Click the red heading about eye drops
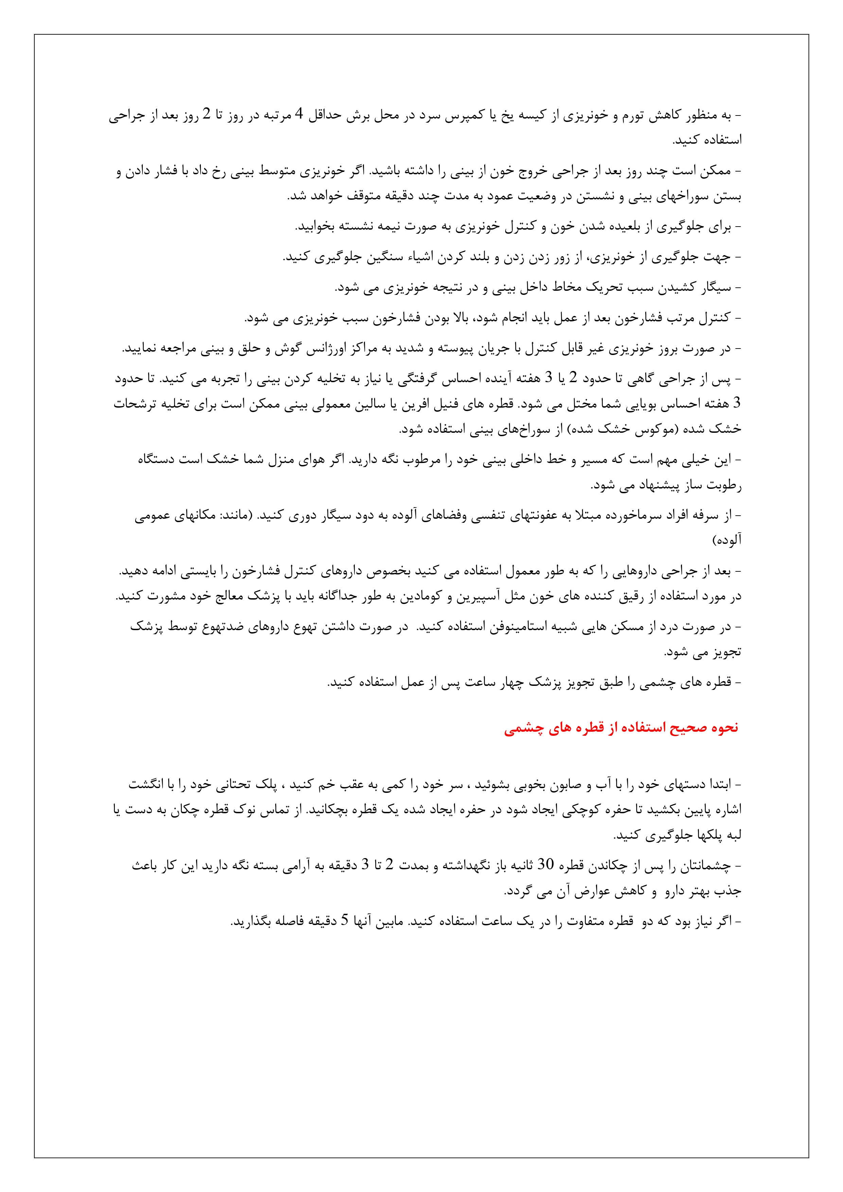(621, 728)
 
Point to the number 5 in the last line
(344, 921)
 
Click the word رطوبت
(724, 486)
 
